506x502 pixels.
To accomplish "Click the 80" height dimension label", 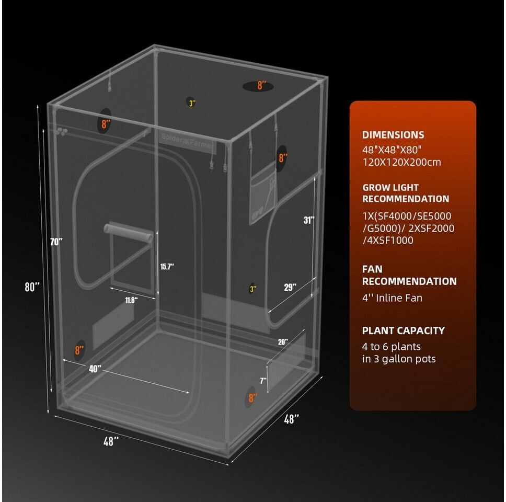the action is coord(32,287).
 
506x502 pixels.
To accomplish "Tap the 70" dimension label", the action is coord(56,242).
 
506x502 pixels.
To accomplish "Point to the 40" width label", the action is coord(95,369).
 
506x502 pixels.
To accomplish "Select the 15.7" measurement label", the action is coord(167,267).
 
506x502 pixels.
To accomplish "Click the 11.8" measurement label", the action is coord(131,300).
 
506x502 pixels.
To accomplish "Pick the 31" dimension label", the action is coord(309,220).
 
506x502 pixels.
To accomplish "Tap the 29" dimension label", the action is coord(290,287).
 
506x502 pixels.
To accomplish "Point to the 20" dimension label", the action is coord(283,342).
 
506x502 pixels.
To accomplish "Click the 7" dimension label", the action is coord(263,381).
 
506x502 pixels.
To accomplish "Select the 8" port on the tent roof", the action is coord(258,86).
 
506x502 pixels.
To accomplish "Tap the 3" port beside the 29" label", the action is coord(252,289).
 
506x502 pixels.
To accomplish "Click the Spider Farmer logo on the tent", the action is coord(188,141).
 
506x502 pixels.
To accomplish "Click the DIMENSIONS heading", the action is coord(393,135).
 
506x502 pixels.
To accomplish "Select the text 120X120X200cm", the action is coord(402,162).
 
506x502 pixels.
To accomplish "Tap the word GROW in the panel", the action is coord(374,187).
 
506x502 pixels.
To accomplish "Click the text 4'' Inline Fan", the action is coord(392,298).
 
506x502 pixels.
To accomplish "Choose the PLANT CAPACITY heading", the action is coord(404,330).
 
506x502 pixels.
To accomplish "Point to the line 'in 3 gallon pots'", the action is coord(399,359).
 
